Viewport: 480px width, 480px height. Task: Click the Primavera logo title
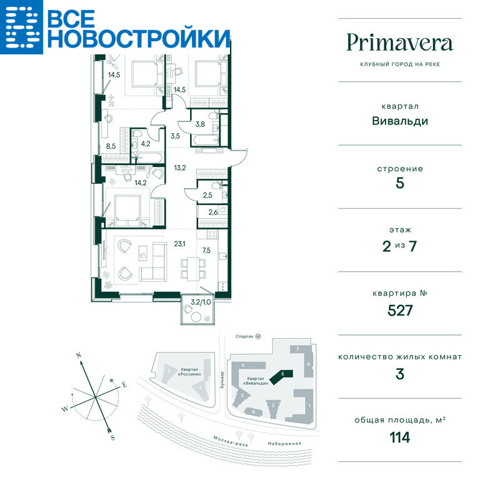tap(399, 42)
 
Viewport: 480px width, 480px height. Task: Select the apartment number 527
tap(400, 311)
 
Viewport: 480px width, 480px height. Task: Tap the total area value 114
tap(400, 437)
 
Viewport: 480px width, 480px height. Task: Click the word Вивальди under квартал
tap(400, 121)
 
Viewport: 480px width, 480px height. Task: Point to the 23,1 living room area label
tap(179, 244)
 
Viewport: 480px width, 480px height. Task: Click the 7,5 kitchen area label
tap(206, 251)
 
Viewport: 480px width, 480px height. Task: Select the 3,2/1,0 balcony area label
tap(201, 302)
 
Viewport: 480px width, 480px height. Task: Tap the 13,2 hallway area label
tap(180, 167)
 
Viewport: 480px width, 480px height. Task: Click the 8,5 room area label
tap(111, 146)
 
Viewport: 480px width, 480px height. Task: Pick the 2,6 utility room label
tap(213, 212)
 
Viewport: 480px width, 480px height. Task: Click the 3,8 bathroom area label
tap(200, 124)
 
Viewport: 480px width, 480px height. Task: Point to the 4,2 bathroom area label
tap(146, 144)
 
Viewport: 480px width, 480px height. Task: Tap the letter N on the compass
tap(79, 356)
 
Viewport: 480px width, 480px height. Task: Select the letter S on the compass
tap(112, 437)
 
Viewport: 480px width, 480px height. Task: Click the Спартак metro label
tap(244, 336)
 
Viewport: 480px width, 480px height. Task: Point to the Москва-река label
tap(230, 441)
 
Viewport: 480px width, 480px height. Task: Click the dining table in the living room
tap(193, 269)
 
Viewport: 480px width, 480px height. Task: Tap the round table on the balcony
tap(196, 317)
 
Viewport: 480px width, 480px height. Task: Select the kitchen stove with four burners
tap(212, 234)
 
